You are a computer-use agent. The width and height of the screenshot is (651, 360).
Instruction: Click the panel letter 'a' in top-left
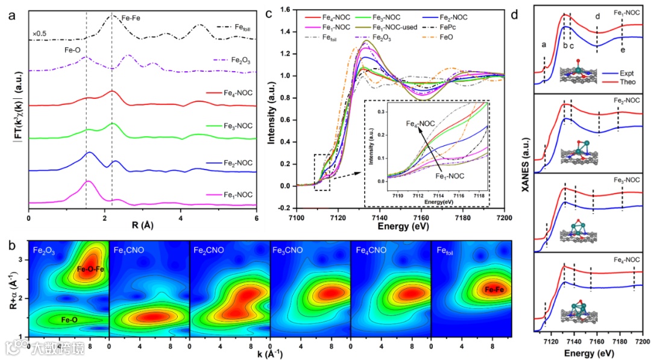tap(11, 16)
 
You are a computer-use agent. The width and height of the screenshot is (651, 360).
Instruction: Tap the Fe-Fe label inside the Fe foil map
tap(491, 290)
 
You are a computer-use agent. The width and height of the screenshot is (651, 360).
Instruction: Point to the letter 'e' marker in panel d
tap(622, 49)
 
